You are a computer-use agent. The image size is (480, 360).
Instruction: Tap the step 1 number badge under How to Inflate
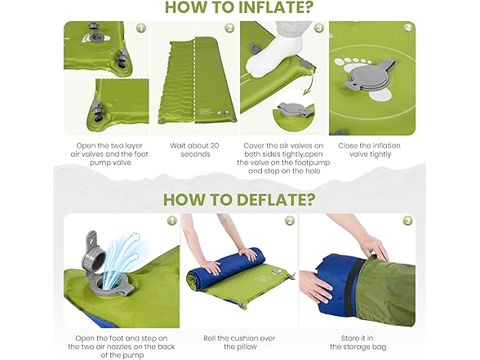pos(140,27)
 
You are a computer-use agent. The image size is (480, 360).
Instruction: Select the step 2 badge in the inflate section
pos(229,27)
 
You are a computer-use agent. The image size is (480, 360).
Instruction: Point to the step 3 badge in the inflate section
pos(318,27)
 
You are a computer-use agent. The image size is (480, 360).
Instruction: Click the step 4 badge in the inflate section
pos(406,27)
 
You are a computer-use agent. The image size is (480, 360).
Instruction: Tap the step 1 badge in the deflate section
pos(171,220)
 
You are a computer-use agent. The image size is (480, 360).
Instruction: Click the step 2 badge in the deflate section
pos(289,220)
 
